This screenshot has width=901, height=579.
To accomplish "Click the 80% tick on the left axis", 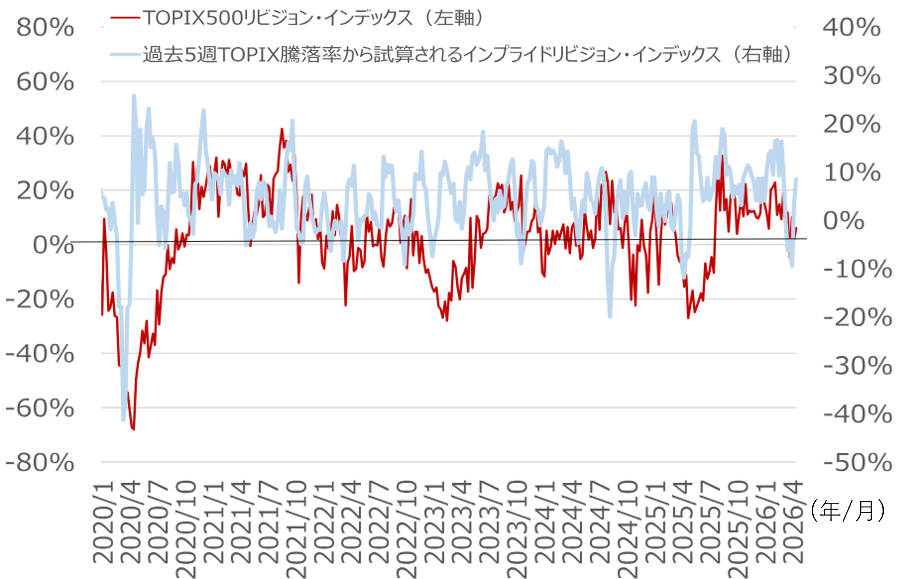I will (x=45, y=27).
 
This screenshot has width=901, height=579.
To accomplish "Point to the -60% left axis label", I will (x=40, y=408).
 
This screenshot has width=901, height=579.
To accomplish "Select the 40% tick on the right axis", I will (x=852, y=27).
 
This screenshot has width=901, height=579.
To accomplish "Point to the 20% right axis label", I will (x=852, y=124).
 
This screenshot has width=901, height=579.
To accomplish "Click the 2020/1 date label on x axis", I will (x=103, y=523).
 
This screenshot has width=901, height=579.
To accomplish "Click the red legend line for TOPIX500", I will (x=125, y=18).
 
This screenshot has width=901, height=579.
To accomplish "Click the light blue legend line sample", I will (x=125, y=55).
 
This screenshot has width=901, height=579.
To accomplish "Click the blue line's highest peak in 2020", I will (x=134, y=96).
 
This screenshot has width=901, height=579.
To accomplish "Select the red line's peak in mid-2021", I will (x=282, y=129).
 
